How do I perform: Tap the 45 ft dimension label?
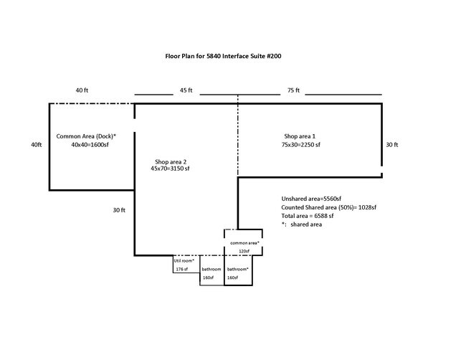click(x=186, y=91)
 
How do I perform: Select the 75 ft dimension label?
click(x=293, y=91)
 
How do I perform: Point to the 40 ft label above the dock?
click(x=82, y=91)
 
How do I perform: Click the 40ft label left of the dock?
click(x=37, y=144)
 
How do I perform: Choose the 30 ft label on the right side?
click(x=391, y=144)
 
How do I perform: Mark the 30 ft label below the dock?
click(x=119, y=210)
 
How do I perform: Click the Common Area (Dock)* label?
click(x=86, y=136)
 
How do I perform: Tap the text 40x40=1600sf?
click(x=89, y=145)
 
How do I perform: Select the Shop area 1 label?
click(x=300, y=136)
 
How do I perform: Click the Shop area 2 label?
click(x=171, y=161)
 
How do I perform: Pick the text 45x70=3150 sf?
click(x=170, y=169)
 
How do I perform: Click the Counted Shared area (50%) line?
click(x=329, y=207)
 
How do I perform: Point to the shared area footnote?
click(x=302, y=224)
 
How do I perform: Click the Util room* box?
click(x=185, y=265)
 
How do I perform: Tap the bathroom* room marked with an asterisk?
click(x=238, y=273)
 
